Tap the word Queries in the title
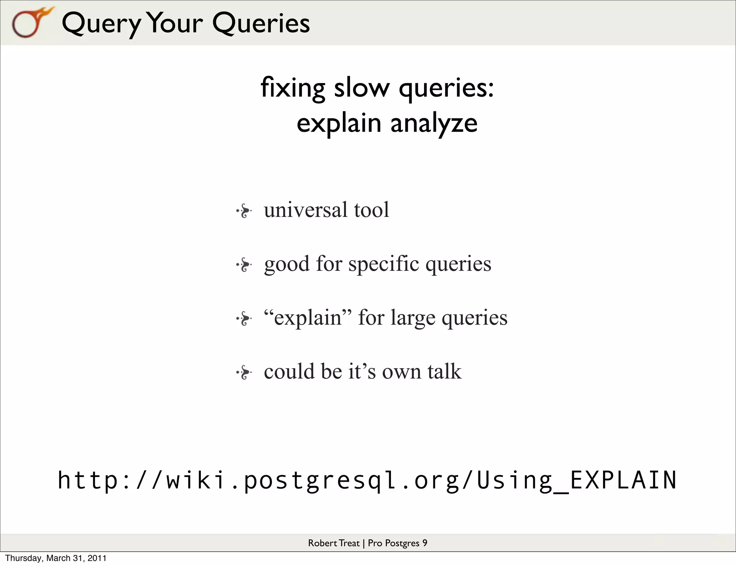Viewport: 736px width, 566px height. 261,24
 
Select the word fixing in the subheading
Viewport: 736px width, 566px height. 293,88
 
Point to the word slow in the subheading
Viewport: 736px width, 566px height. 362,88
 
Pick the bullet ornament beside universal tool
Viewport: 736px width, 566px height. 244,211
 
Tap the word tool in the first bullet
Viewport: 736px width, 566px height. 371,210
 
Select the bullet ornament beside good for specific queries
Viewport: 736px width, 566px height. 244,265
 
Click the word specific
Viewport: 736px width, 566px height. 383,264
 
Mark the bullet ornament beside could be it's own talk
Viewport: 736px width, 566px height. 244,372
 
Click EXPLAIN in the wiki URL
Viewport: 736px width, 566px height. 623,480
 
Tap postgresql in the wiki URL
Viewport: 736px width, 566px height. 320,481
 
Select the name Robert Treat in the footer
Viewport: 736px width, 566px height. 333,543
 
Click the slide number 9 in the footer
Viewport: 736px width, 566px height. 425,543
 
